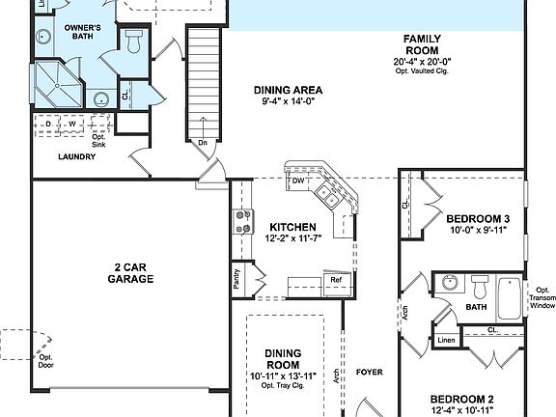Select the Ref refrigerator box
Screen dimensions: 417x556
coord(336,281)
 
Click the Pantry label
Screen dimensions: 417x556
coord(237,278)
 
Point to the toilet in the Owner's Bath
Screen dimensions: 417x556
coord(133,42)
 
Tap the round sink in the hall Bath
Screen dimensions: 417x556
coord(448,284)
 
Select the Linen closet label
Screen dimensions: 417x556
coord(445,340)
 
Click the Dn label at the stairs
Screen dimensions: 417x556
coord(203,142)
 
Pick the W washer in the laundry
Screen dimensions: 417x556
coord(70,125)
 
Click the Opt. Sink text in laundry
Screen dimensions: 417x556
coord(98,138)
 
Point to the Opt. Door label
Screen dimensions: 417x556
coord(45,361)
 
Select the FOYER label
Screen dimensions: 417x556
coord(370,371)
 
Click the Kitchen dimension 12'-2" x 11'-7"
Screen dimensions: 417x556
coord(292,237)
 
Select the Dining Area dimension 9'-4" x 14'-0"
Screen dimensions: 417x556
coord(288,101)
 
